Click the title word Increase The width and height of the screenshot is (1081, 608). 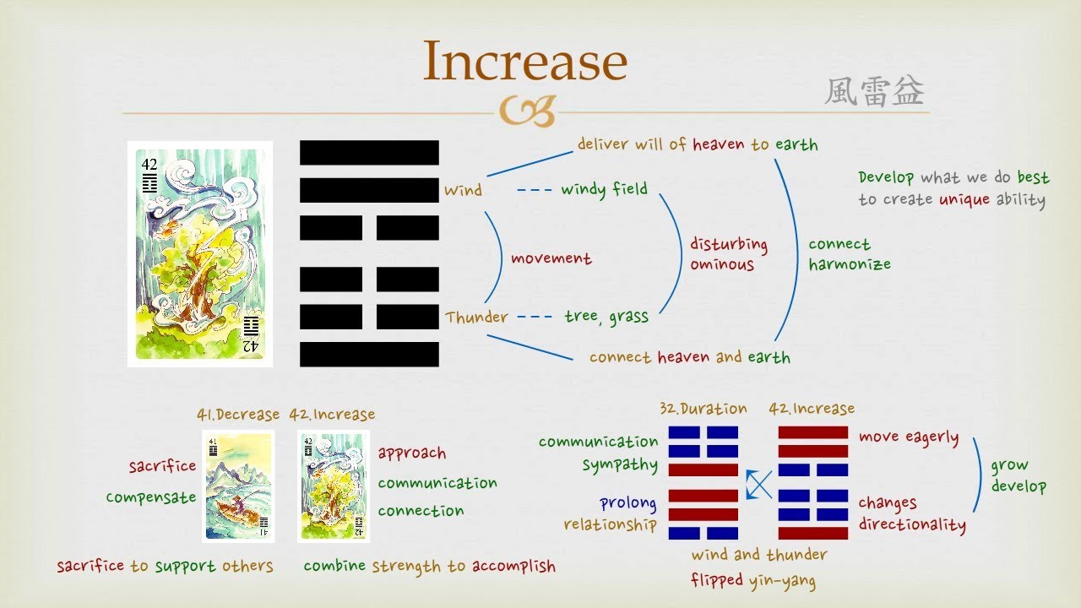524,61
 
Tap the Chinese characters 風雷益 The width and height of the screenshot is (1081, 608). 874,92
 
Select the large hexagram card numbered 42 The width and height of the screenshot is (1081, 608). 200,254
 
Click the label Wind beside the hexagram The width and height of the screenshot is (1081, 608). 463,191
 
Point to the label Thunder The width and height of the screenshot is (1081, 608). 477,318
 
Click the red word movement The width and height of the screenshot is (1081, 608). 551,258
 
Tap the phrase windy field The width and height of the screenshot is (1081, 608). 604,189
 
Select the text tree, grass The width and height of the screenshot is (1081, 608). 606,318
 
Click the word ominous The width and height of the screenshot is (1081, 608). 721,265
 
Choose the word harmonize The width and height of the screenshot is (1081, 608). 849,264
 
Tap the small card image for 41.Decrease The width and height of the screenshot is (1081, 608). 238,486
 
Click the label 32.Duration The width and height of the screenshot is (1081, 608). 703,409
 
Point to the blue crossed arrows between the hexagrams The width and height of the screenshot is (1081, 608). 758,485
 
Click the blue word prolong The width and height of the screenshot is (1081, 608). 627,503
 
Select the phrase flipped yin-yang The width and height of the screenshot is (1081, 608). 753,581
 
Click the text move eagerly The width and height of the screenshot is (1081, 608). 908,437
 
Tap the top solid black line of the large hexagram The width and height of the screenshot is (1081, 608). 369,153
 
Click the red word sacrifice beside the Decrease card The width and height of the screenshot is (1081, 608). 162,466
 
